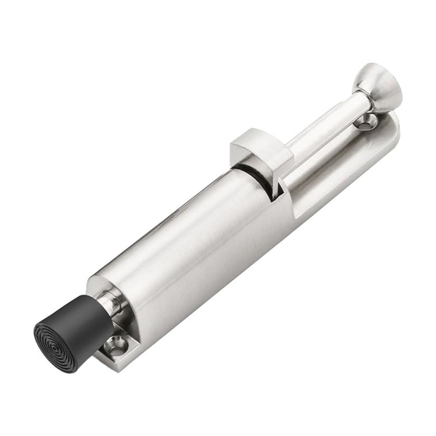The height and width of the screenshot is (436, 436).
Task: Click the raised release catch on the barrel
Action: pos(261,150)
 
